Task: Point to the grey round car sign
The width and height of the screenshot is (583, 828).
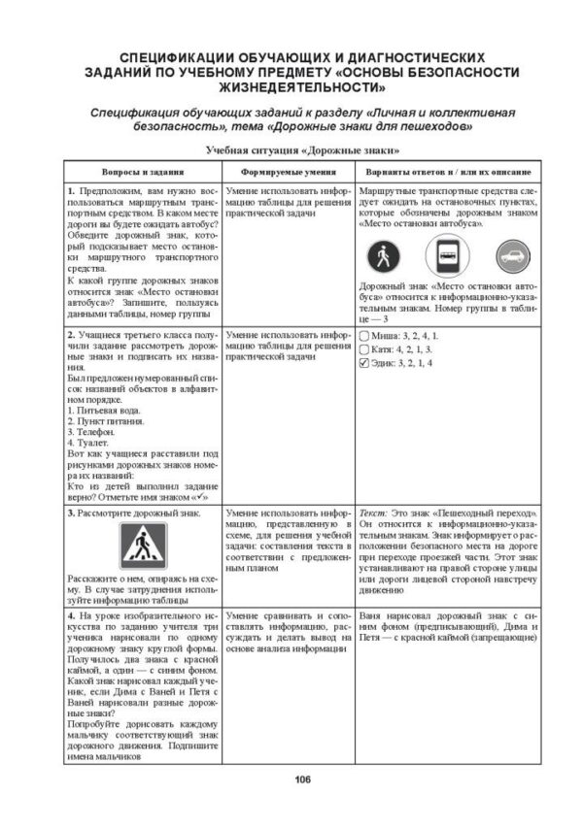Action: (x=512, y=257)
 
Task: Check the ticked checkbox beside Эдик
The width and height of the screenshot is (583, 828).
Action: (x=364, y=364)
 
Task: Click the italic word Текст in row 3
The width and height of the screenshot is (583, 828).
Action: (x=373, y=511)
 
